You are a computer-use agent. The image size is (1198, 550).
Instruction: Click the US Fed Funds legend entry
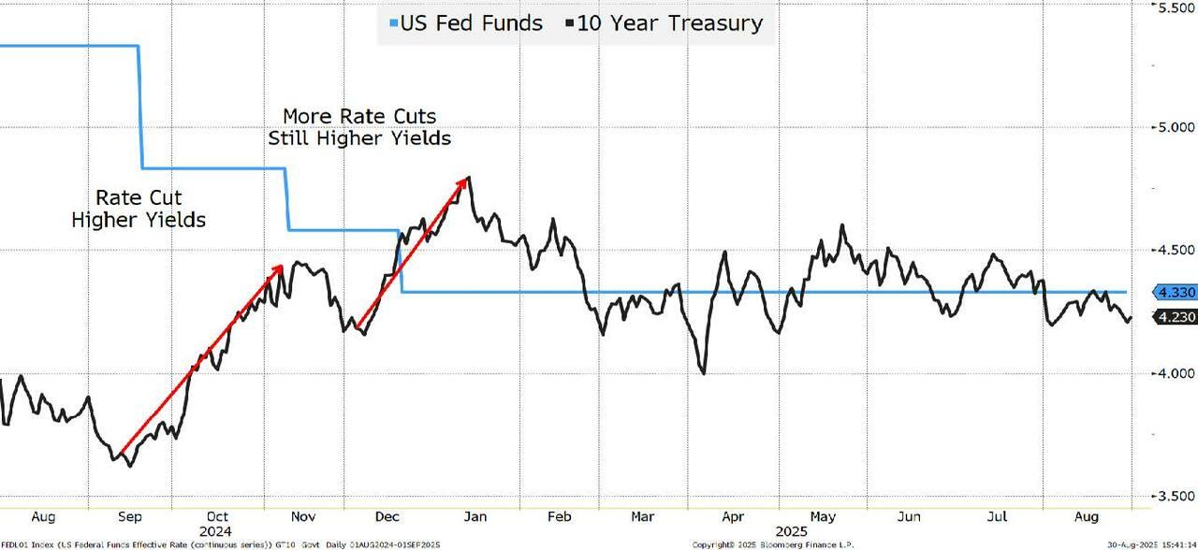click(465, 23)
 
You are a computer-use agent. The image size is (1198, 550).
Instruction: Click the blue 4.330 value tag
click(1176, 293)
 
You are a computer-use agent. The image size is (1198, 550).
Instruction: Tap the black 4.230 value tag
click(1176, 317)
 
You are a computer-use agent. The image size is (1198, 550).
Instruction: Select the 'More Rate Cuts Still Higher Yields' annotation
click(359, 127)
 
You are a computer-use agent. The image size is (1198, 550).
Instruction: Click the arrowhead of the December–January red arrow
click(464, 181)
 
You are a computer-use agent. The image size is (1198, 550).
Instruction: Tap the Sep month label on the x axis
click(130, 516)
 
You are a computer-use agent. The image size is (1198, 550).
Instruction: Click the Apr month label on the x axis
click(733, 516)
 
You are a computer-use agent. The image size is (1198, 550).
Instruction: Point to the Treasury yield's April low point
click(702, 373)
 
